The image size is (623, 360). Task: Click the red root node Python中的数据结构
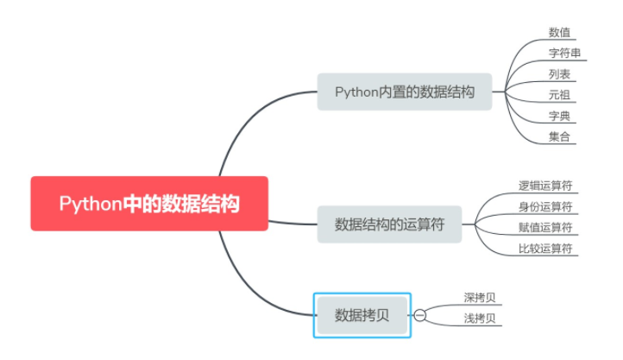pos(149,204)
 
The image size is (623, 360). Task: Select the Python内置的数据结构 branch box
pos(404,92)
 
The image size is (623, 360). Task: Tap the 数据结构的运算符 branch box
pos(389,224)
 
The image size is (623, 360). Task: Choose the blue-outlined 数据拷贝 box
pos(362,315)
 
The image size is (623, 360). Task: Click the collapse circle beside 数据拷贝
pos(420,315)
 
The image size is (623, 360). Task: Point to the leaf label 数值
pos(559,33)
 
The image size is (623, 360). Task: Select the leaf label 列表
pos(559,74)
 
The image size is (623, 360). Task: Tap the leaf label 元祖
pos(559,95)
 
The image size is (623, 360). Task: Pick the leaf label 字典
pos(559,116)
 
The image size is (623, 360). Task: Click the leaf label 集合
pos(559,136)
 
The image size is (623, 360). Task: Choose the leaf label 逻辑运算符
pos(545,186)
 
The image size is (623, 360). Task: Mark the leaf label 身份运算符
pos(545,206)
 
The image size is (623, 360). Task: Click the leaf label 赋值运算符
pos(545,227)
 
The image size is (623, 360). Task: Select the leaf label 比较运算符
pos(545,249)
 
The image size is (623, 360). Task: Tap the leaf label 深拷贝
pos(480,299)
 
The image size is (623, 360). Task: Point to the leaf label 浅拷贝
pos(480,319)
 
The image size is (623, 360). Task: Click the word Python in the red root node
pos(87,205)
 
